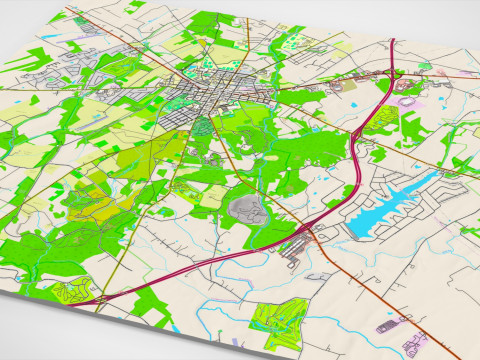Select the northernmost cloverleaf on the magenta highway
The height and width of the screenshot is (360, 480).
click(x=393, y=72)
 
